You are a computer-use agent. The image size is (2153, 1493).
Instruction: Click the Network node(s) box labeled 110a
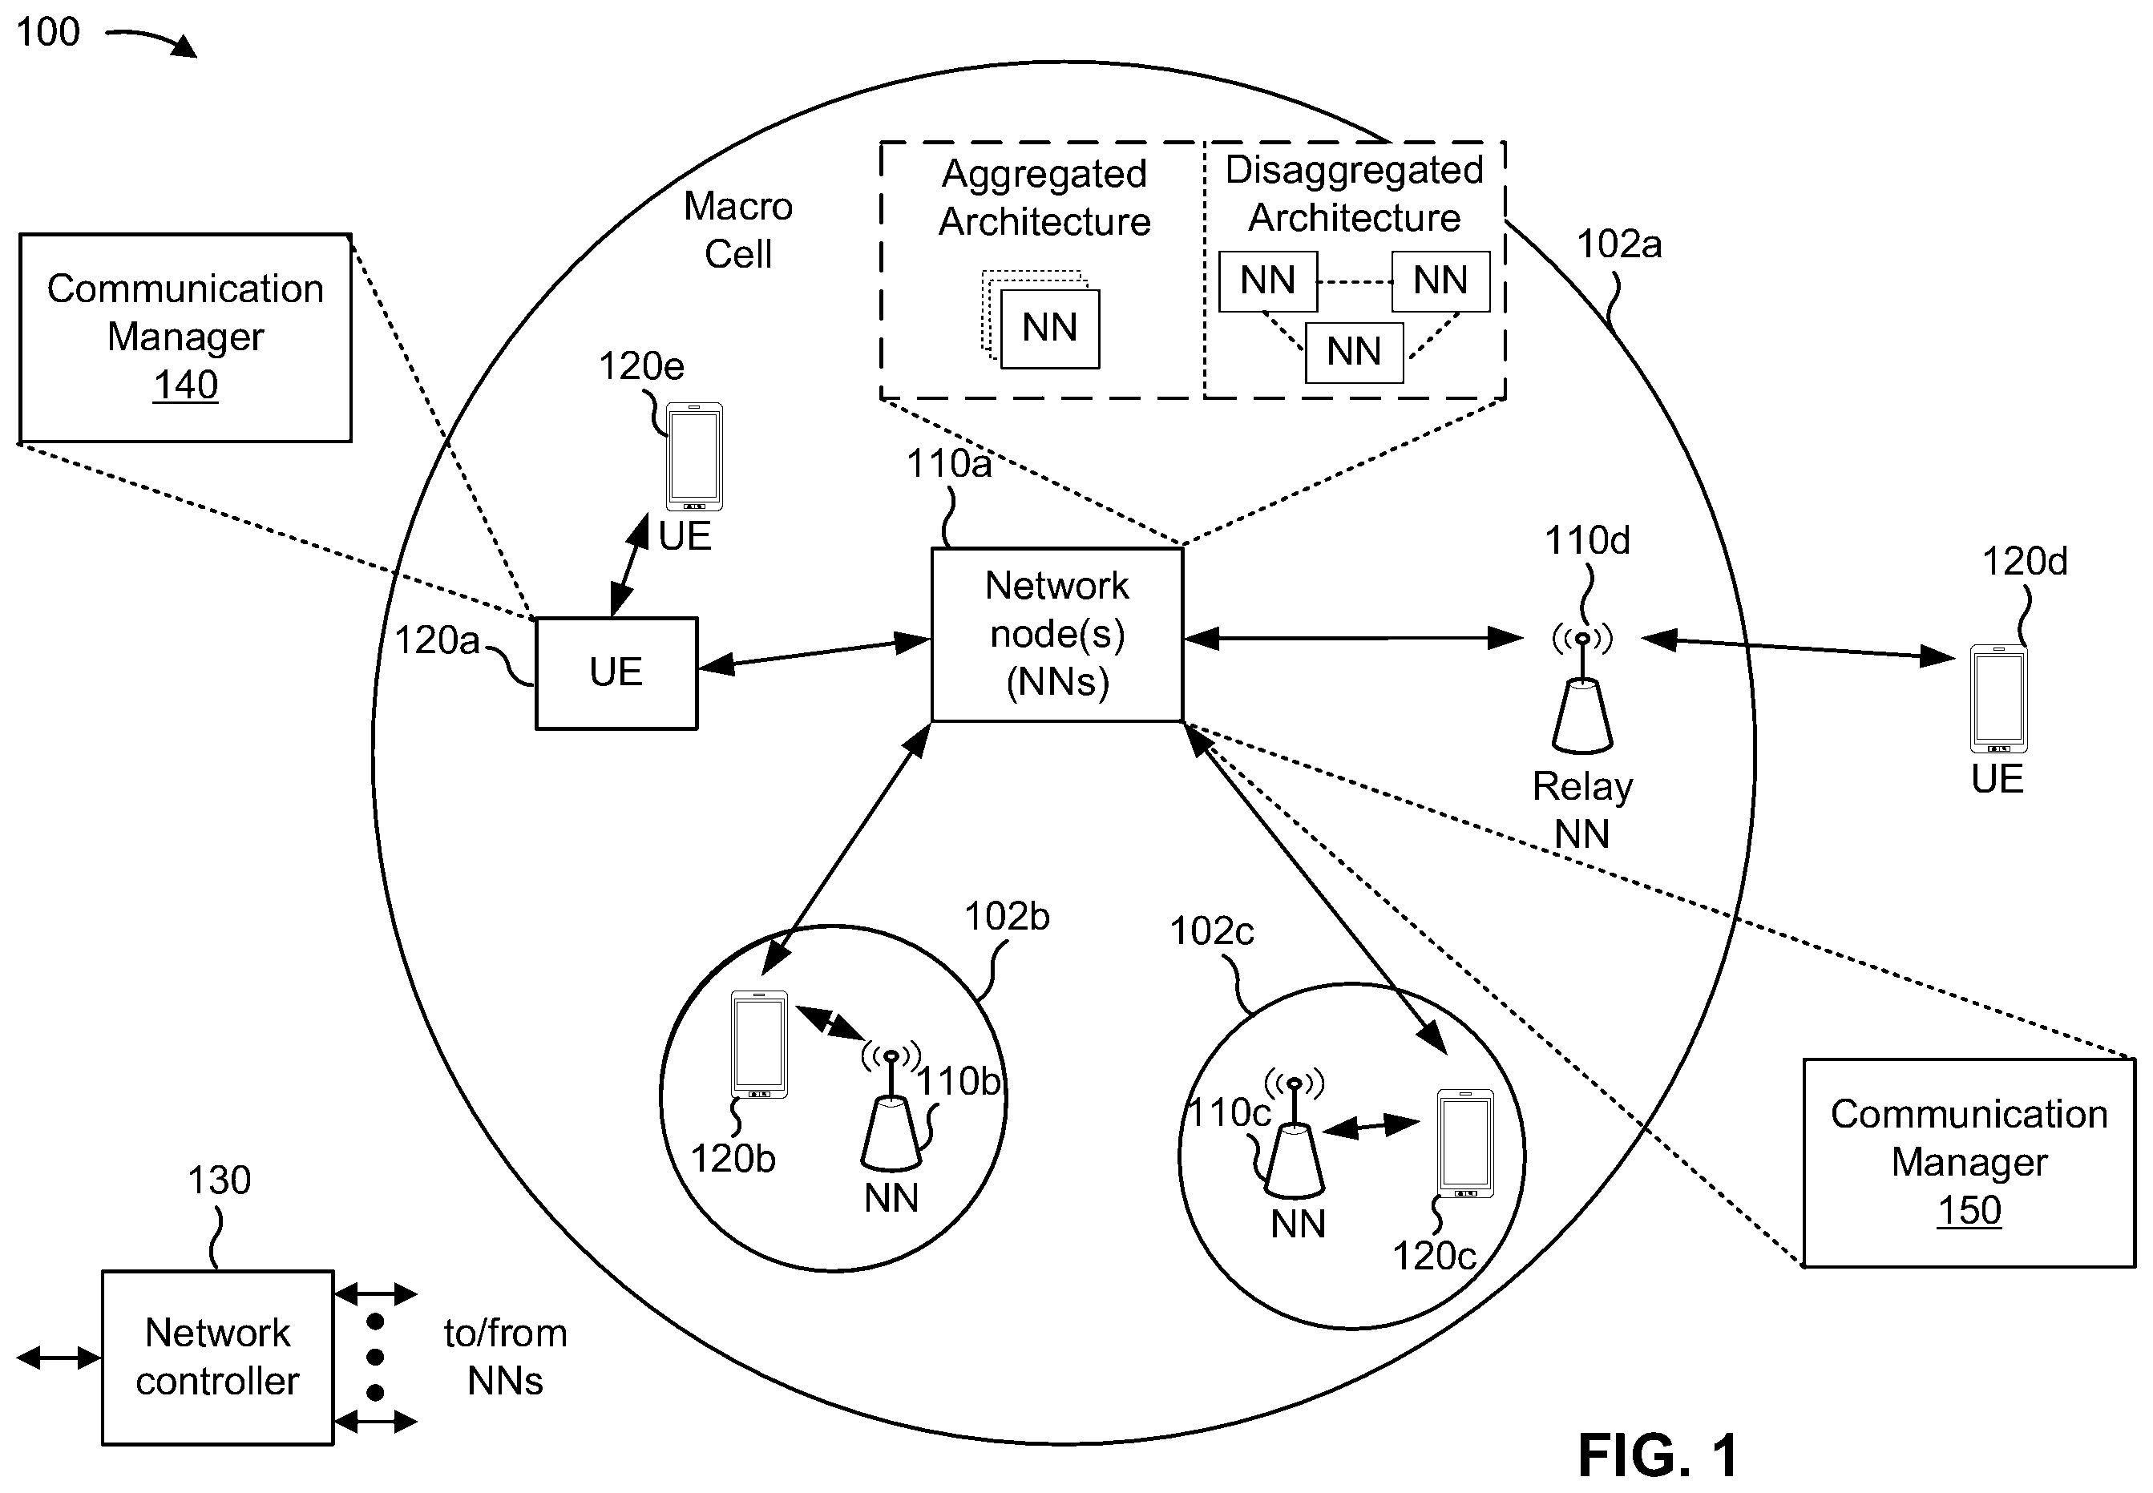[1057, 634]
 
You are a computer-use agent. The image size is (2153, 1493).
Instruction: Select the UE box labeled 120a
[616, 672]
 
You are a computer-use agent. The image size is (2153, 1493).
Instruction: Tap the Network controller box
[217, 1358]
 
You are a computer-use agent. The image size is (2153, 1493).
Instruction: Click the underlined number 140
[185, 385]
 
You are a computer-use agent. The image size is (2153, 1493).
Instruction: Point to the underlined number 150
[1969, 1210]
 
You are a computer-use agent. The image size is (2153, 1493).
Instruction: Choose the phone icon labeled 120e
[694, 457]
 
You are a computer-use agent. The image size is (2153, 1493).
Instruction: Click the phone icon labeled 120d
[1998, 698]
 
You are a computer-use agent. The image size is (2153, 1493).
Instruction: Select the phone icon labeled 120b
[759, 1044]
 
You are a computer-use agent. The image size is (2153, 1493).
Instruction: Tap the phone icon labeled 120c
[1465, 1143]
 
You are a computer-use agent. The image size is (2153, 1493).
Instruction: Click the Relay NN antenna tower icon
[1582, 692]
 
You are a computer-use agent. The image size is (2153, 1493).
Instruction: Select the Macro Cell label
[738, 229]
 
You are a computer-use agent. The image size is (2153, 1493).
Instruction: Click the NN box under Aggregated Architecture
[1050, 329]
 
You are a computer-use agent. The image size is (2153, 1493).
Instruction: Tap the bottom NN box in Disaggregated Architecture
[1354, 352]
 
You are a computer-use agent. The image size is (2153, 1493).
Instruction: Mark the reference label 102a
[1618, 244]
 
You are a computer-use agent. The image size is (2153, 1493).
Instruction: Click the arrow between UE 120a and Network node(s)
[815, 653]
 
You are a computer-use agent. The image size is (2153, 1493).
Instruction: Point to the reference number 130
[219, 1180]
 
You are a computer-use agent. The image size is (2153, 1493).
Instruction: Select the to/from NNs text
[505, 1358]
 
